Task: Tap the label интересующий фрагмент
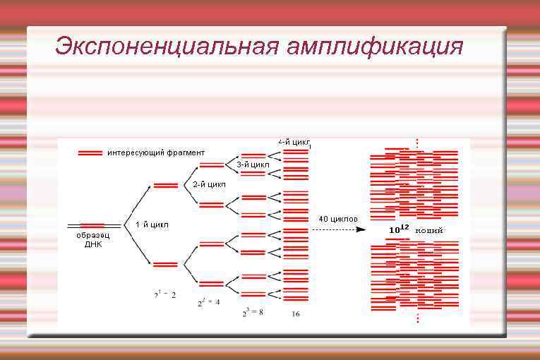[x=156, y=152]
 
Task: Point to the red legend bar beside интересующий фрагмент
[x=90, y=152]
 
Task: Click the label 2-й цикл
[x=209, y=184]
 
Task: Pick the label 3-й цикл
[x=253, y=164]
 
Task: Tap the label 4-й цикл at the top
[x=294, y=142]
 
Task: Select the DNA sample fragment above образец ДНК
[x=92, y=226]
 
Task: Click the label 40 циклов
[x=338, y=219]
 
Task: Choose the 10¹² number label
[x=399, y=229]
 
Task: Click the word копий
[x=429, y=230]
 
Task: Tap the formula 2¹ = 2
[x=165, y=294]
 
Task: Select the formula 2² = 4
[x=208, y=302]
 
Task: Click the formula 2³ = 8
[x=253, y=312]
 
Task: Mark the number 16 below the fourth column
[x=296, y=314]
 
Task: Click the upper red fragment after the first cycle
[x=165, y=185]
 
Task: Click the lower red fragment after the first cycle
[x=165, y=265]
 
